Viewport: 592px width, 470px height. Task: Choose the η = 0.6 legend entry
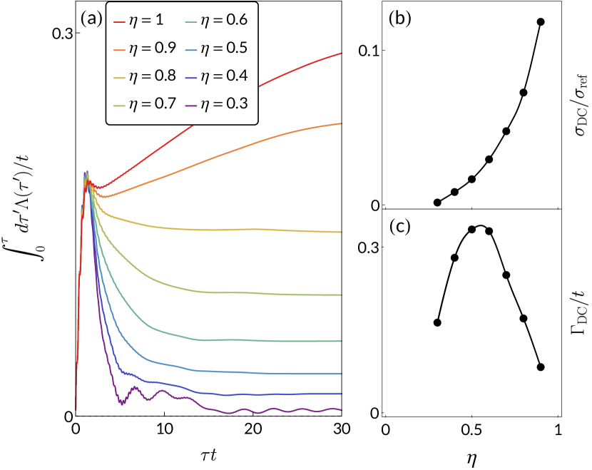[x=216, y=21]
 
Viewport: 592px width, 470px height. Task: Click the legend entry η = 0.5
[x=216, y=48]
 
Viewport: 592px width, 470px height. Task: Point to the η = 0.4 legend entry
[x=216, y=76]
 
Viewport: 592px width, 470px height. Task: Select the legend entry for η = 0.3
[x=216, y=104]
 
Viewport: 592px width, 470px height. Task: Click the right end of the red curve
[x=340, y=53]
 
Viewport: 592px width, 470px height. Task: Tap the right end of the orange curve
[x=340, y=124]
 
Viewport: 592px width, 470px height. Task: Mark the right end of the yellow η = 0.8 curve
[x=340, y=232]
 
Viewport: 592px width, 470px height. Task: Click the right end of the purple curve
[x=340, y=409]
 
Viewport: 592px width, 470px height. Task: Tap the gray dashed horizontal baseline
[x=214, y=416]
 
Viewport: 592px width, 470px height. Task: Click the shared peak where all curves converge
[x=87, y=174]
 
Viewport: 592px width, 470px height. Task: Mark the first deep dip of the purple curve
[x=122, y=403]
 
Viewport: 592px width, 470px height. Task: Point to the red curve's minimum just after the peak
[x=101, y=188]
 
